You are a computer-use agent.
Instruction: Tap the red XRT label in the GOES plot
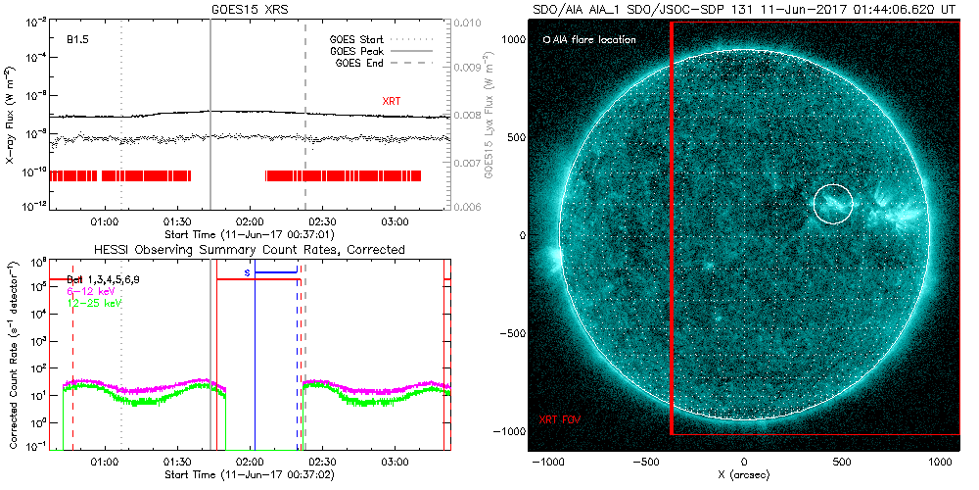tap(391, 101)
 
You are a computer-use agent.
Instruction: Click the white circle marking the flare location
tap(833, 204)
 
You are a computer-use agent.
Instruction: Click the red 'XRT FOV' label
tap(562, 419)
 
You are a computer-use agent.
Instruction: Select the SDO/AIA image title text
tap(743, 9)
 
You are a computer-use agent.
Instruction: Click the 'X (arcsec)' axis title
tap(745, 475)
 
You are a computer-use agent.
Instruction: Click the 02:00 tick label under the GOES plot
tap(250, 222)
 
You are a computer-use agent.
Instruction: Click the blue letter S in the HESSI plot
tap(248, 272)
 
